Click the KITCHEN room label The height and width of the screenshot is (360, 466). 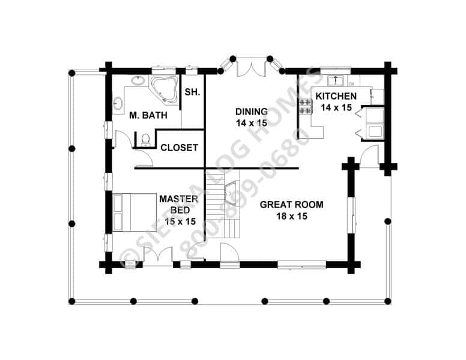click(x=336, y=96)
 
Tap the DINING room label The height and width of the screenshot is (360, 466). click(x=252, y=112)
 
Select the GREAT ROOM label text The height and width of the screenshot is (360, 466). click(x=291, y=205)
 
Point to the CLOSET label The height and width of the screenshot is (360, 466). click(x=179, y=148)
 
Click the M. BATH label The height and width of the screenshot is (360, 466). click(x=148, y=115)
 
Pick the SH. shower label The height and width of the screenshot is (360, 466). click(x=192, y=92)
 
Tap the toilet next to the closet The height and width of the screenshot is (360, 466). click(x=145, y=140)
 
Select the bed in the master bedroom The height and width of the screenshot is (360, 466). click(x=135, y=212)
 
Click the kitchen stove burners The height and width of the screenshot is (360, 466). click(x=306, y=107)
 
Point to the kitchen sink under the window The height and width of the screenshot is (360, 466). click(x=336, y=80)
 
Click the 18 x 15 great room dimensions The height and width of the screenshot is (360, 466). click(x=291, y=216)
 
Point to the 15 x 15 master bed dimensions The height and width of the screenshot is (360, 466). click(x=180, y=221)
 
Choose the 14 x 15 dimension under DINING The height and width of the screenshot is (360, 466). click(x=252, y=123)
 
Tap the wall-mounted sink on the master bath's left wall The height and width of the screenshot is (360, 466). click(x=118, y=103)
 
